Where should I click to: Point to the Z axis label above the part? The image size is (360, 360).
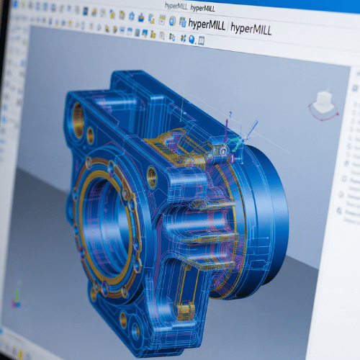(x=230, y=114)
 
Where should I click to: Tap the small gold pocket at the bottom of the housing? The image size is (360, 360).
(x=186, y=310)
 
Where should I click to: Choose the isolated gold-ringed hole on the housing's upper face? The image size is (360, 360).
(x=151, y=175)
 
